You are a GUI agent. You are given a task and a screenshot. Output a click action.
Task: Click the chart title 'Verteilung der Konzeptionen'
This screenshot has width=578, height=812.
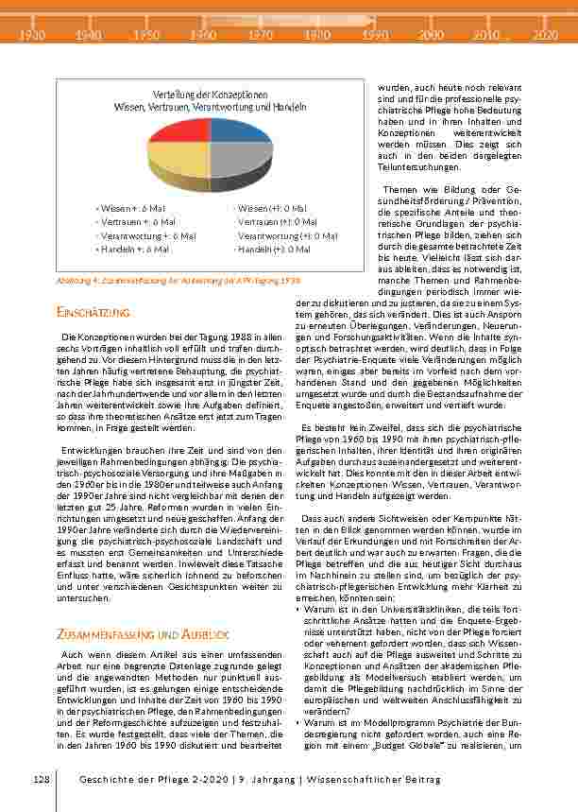[x=211, y=95]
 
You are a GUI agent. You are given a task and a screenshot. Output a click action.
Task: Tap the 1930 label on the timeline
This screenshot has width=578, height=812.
[x=32, y=35]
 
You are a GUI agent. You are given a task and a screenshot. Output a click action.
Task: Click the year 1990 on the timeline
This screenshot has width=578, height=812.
[x=375, y=35]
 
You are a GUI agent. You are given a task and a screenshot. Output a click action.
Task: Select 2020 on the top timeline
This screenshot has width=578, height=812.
[x=544, y=35]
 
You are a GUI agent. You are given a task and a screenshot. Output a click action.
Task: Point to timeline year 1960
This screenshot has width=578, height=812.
[x=203, y=35]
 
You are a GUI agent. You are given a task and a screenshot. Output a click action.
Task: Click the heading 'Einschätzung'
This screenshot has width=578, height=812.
[x=92, y=312]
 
